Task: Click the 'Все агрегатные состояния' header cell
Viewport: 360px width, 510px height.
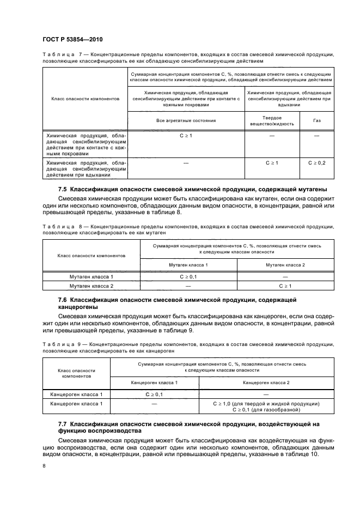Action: pyautogui.click(x=186, y=120)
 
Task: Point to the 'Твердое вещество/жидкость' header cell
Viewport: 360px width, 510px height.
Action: pyautogui.click(x=271, y=120)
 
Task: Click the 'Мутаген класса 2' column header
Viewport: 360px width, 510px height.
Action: pyautogui.click(x=285, y=264)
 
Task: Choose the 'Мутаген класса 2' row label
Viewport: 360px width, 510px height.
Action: pyautogui.click(x=91, y=286)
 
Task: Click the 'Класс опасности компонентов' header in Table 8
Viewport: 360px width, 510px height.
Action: pyautogui.click(x=91, y=255)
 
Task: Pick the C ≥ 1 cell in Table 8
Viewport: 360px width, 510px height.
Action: pyautogui.click(x=285, y=286)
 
